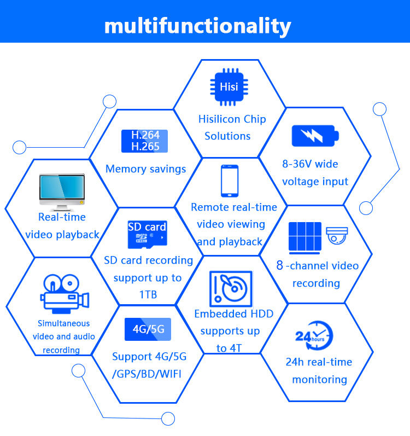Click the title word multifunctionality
(197, 25)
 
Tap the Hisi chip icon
(229, 87)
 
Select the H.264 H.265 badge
(145, 141)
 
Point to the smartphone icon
(229, 181)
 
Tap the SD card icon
(147, 232)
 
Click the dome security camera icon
(337, 235)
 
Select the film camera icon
(63, 294)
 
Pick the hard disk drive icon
(231, 289)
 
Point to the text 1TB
(148, 295)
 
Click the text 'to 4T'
(229, 348)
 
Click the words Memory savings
(145, 169)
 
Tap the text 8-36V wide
(310, 164)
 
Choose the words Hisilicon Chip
(232, 119)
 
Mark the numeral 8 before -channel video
(279, 266)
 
